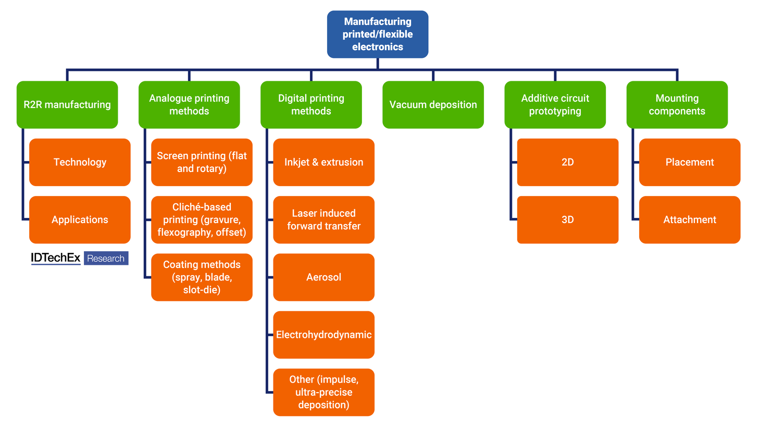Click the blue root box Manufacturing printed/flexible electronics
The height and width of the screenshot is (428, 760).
point(377,34)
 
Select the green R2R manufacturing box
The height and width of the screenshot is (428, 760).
point(67,104)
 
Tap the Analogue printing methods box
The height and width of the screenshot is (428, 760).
point(189,104)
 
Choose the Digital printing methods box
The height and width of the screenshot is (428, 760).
point(311,104)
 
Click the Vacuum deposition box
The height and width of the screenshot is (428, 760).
point(433,104)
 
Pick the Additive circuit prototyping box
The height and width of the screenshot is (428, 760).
point(555,104)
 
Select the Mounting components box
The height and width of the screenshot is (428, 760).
point(677,104)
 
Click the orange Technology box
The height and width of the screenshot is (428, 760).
point(80,162)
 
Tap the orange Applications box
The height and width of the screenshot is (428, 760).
point(80,219)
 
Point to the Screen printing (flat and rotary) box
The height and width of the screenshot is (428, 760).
point(202,162)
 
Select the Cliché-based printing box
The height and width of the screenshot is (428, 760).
point(202,219)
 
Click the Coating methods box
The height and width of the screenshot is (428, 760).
point(202,277)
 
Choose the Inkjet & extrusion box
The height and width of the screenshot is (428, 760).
point(323,162)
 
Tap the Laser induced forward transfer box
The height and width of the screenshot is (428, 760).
point(323,219)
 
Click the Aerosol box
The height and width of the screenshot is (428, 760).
point(323,277)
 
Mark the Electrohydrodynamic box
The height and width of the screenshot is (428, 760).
point(323,335)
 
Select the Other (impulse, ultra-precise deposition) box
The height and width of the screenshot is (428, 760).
point(323,392)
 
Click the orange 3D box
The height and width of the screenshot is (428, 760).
point(567,219)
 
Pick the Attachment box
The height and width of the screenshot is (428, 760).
point(689,219)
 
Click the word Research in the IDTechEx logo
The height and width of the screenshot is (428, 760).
point(106,258)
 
